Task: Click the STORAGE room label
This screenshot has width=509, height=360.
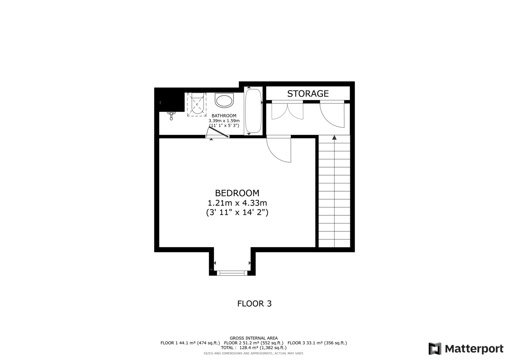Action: click(308, 94)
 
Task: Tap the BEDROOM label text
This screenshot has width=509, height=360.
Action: click(237, 193)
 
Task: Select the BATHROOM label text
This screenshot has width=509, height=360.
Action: click(224, 116)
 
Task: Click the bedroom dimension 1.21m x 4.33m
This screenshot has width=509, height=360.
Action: click(237, 203)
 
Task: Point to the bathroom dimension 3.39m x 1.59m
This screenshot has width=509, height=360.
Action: click(224, 121)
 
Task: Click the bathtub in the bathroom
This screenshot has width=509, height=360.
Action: click(253, 111)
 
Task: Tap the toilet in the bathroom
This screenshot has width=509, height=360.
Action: click(224, 100)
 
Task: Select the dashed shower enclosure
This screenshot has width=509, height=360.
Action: click(197, 105)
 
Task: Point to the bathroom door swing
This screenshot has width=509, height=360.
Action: click(218, 132)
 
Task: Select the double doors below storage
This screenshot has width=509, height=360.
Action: click(287, 111)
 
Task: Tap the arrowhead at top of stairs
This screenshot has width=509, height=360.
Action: click(334, 137)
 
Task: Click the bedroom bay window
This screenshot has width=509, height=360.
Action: click(232, 273)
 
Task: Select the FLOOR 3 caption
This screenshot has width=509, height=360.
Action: click(254, 304)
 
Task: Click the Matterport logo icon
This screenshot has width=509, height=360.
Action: click(435, 349)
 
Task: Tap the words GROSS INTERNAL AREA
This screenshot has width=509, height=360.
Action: click(253, 338)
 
